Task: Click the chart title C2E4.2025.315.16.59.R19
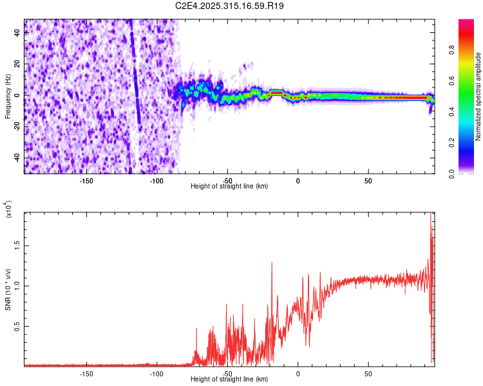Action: [230, 6]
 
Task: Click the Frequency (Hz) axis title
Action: [8, 96]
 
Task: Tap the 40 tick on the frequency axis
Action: [18, 33]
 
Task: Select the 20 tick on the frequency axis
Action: [18, 64]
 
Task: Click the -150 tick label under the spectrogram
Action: [86, 181]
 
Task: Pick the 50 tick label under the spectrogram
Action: [368, 181]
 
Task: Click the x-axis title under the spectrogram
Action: [229, 187]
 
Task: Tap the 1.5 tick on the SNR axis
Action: [18, 244]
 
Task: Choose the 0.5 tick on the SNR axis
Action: [18, 326]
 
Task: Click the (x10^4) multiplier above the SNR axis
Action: [8, 209]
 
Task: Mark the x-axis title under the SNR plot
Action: [229, 380]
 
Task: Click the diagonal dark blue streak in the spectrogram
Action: [135, 77]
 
